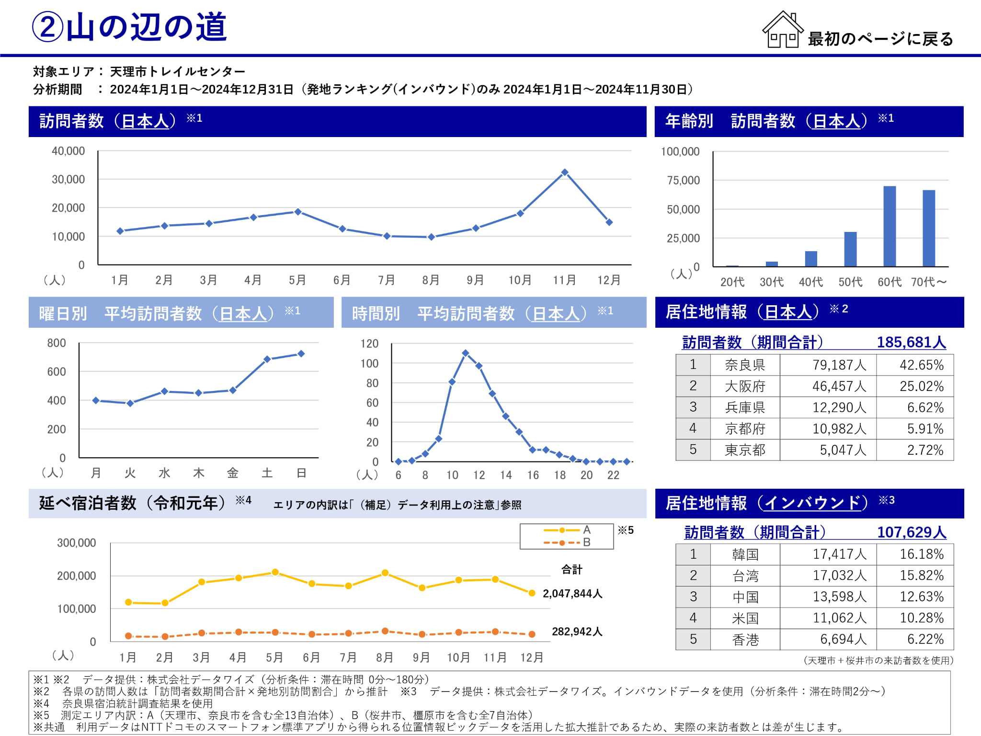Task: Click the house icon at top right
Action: tap(783, 30)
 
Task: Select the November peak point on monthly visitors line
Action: tap(565, 172)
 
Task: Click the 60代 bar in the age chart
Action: tap(890, 226)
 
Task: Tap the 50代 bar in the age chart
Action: tap(850, 249)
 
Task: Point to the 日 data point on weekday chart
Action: tap(301, 354)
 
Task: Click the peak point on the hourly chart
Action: tap(466, 353)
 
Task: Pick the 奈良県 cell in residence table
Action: tap(745, 365)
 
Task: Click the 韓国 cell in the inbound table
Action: tap(745, 554)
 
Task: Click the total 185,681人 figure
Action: tap(911, 342)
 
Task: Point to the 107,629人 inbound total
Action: tap(912, 532)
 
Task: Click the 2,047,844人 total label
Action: tap(572, 594)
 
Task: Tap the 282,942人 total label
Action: tap(577, 632)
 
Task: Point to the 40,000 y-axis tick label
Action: tap(68, 151)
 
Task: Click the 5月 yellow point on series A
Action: tap(275, 572)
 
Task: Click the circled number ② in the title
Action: tap(47, 27)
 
